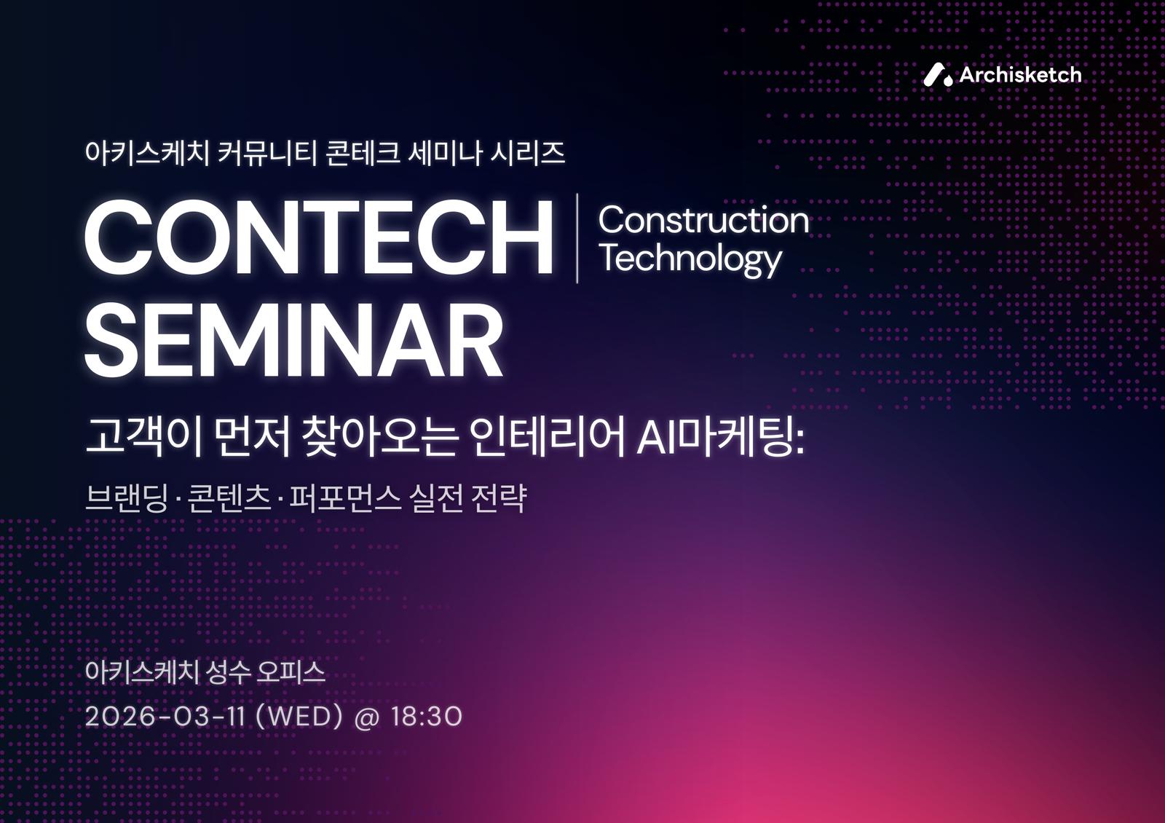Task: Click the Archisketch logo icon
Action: coord(938,74)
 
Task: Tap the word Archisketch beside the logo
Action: coord(1020,75)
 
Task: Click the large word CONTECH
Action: coord(318,237)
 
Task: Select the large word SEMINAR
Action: coord(294,340)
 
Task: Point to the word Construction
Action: coord(703,220)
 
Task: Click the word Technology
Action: coord(691,259)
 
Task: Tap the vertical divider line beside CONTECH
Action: coord(577,238)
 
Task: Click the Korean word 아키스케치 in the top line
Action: coord(146,153)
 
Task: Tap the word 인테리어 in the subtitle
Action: coord(546,437)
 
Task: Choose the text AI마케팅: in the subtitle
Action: coord(721,437)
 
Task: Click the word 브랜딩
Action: coord(127,498)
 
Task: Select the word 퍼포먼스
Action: coord(345,498)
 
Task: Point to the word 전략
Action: coord(498,498)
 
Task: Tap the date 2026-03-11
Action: coord(165,717)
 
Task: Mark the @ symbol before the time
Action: coord(367,717)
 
